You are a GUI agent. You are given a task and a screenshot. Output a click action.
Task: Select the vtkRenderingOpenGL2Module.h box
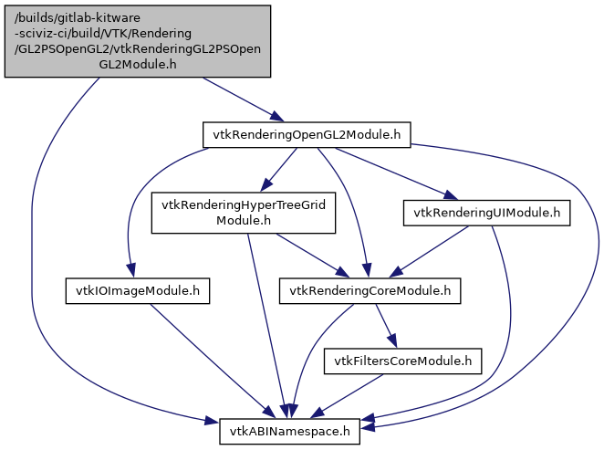[306, 134]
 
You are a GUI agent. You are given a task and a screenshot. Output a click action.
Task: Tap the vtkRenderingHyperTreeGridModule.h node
[244, 212]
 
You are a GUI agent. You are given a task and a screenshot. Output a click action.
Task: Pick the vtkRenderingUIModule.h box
[486, 213]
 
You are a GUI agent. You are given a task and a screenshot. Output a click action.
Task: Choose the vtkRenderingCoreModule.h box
[370, 291]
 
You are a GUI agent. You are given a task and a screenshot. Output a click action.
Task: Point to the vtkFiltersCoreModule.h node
[402, 361]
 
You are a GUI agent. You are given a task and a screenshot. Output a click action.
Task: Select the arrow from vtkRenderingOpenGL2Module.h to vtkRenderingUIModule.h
[392, 173]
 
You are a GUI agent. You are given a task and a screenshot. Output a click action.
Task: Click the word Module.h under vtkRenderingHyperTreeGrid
[244, 220]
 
